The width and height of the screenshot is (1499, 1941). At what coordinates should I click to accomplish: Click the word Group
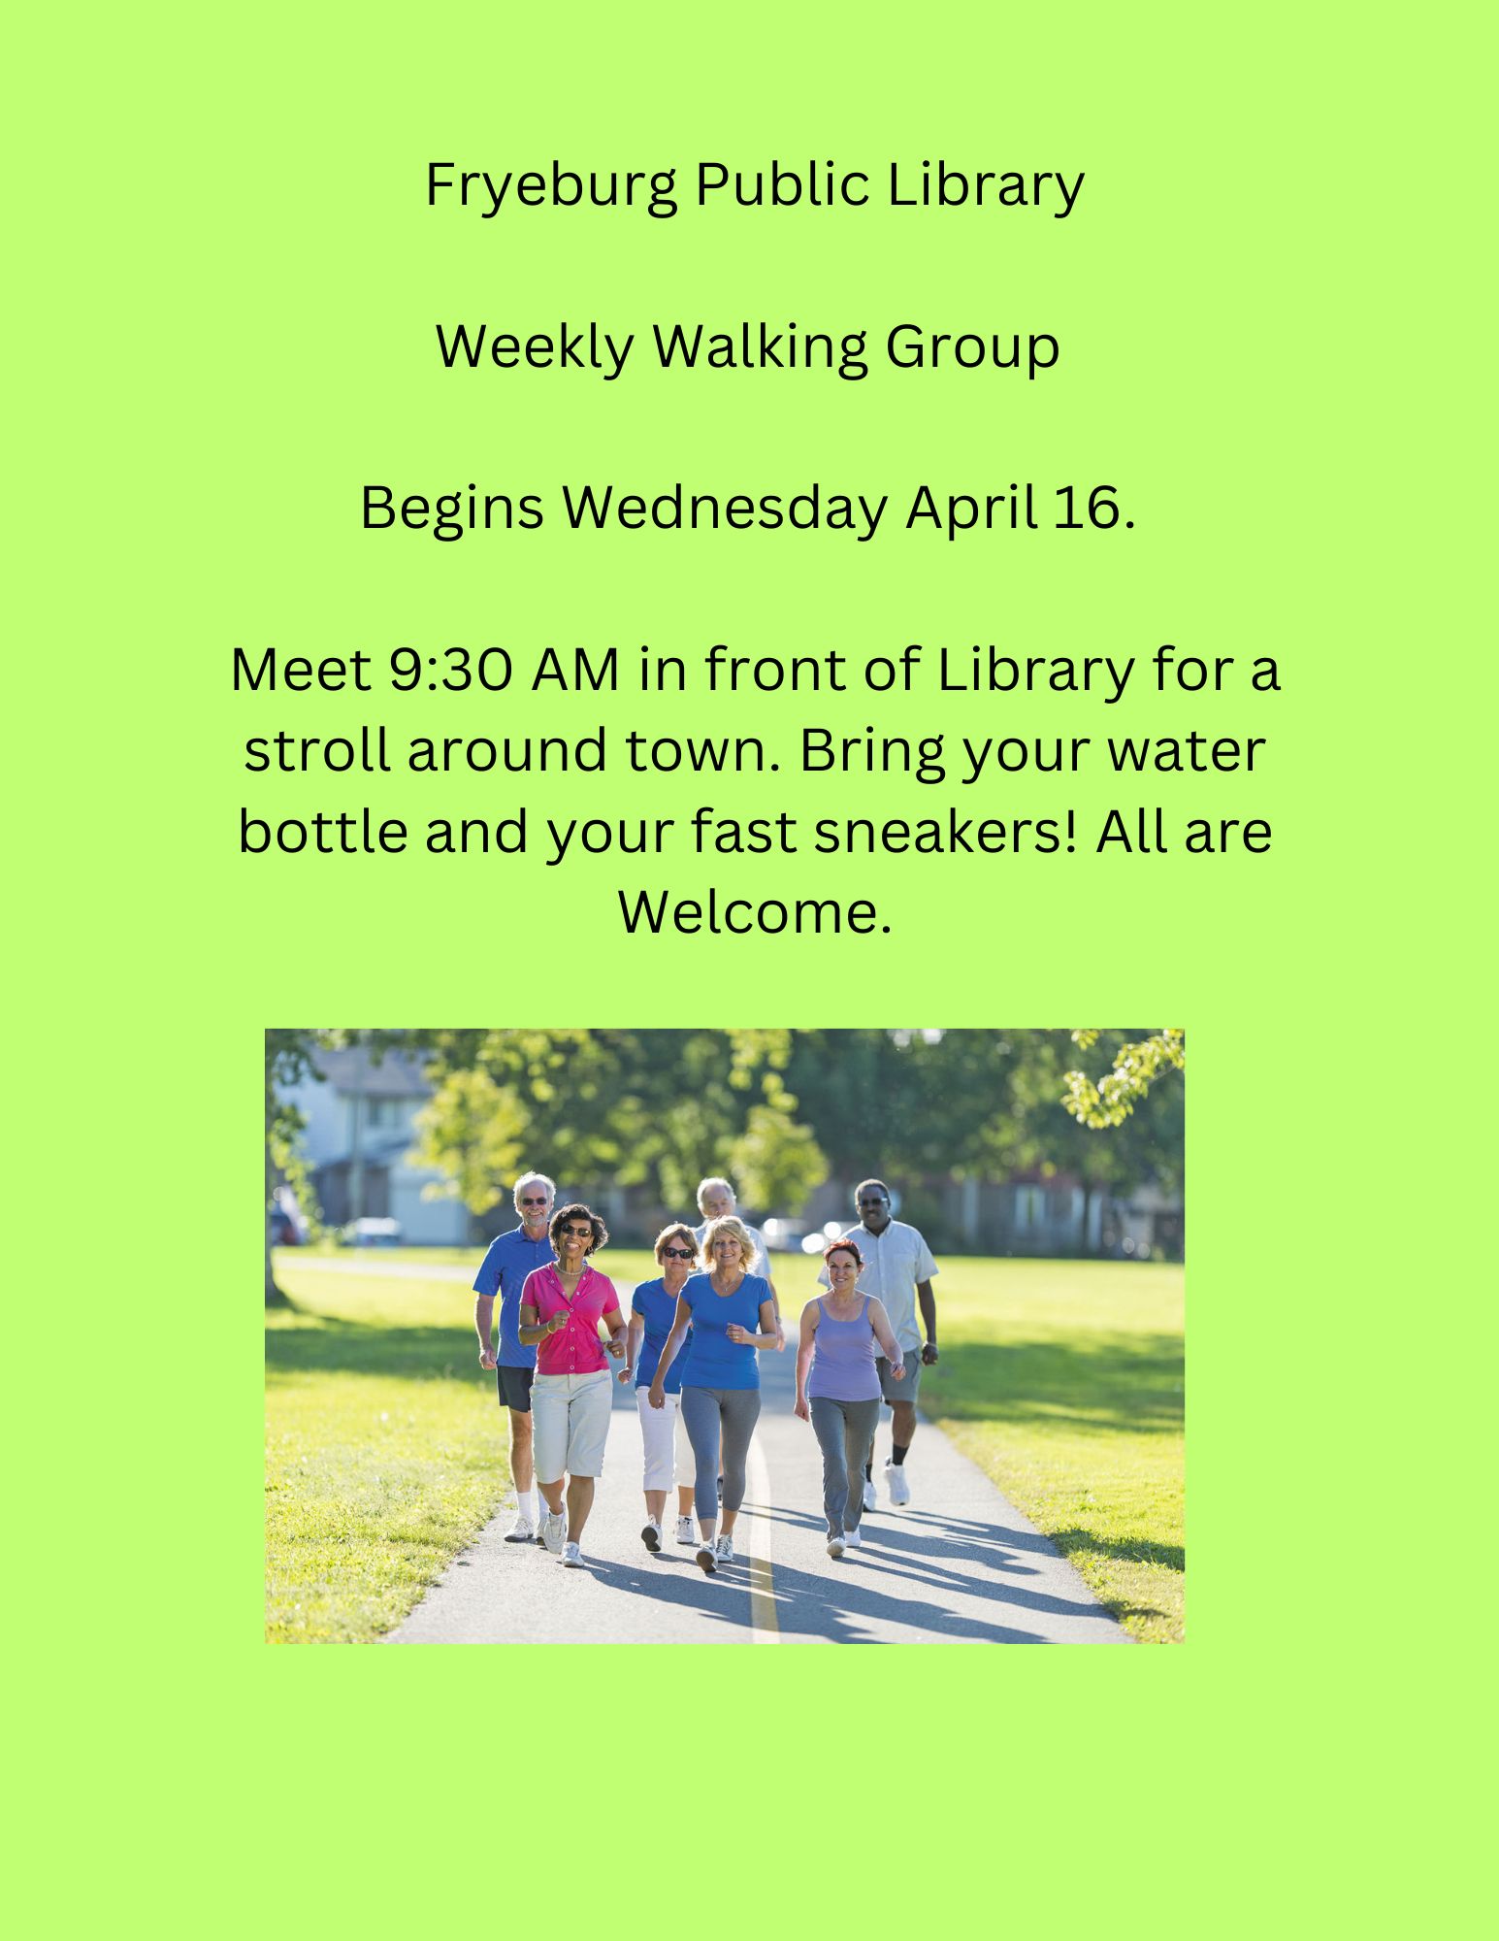(x=972, y=346)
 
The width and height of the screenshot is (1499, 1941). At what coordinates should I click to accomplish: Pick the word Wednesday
(x=725, y=508)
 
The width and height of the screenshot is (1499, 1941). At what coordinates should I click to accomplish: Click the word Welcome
(x=754, y=912)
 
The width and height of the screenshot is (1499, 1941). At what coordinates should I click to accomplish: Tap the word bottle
(x=322, y=832)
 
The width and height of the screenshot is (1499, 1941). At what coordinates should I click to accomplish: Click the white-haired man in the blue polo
(x=514, y=1291)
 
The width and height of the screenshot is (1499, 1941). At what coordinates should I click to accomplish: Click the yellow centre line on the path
(x=763, y=1582)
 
